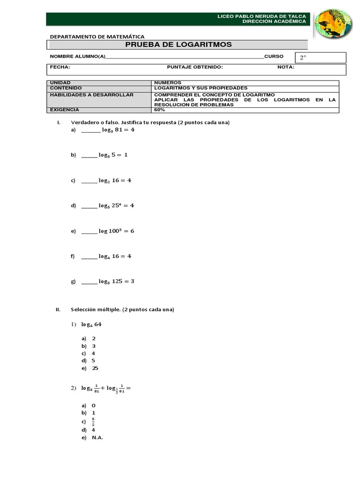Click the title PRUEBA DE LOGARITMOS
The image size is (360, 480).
[178, 45]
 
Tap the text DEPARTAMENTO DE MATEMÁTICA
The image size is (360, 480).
[97, 37]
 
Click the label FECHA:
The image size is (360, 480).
[60, 67]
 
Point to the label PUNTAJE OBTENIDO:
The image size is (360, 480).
[195, 67]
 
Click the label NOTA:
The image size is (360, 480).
[285, 67]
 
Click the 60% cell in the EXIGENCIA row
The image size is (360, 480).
[159, 110]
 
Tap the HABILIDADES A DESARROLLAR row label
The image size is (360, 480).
[91, 95]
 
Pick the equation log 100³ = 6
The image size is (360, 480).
[116, 231]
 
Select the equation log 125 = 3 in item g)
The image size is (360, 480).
[116, 281]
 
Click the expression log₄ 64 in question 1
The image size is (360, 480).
[91, 324]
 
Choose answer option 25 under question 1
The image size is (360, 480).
[95, 368]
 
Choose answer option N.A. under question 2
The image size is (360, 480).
[97, 437]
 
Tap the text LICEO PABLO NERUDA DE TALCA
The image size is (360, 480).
[262, 16]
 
